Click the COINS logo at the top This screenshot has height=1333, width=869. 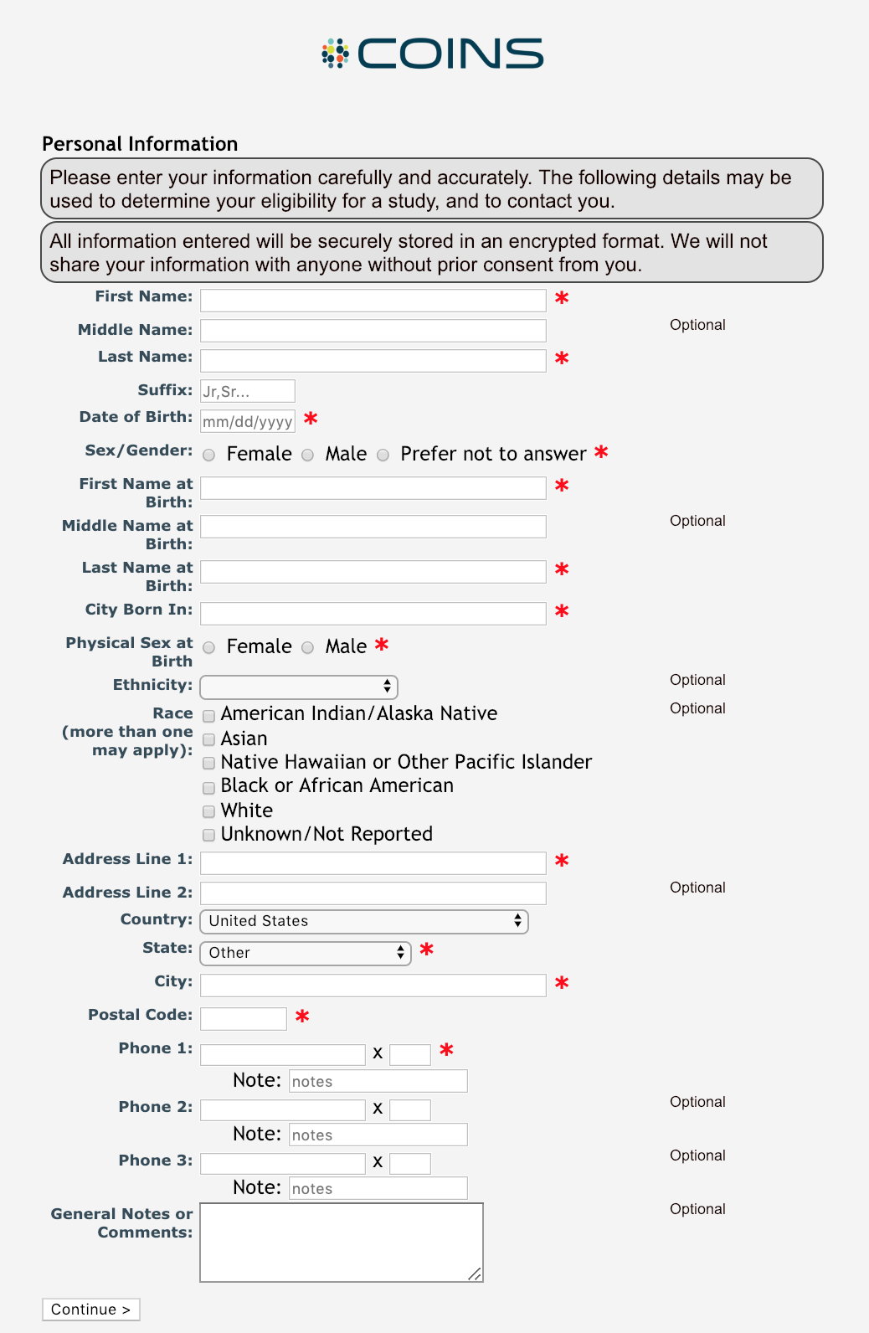[433, 54]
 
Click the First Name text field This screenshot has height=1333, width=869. [373, 300]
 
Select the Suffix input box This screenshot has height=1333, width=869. [248, 391]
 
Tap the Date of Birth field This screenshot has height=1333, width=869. [248, 421]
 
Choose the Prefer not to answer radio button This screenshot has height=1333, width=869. [383, 455]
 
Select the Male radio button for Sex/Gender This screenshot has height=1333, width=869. [308, 455]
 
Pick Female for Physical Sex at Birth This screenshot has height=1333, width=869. [209, 648]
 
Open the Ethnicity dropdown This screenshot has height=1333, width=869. [299, 687]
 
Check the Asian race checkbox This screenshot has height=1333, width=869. [209, 740]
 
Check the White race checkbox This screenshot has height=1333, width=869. [209, 812]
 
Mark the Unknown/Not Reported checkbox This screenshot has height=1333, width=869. [209, 836]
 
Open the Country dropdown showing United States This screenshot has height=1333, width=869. [364, 921]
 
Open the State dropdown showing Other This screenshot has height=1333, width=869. [306, 953]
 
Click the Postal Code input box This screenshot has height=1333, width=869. [244, 1019]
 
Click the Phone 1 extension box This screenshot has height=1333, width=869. [410, 1054]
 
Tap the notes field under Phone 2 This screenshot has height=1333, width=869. [378, 1135]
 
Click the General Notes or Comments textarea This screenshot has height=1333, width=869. [342, 1243]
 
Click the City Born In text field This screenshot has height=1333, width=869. [373, 613]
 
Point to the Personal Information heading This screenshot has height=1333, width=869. [140, 144]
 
